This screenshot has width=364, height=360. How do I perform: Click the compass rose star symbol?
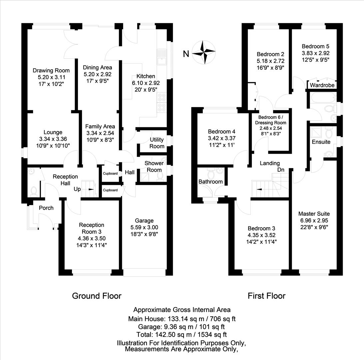click(204, 52)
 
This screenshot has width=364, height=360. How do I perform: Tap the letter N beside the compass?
click(186, 53)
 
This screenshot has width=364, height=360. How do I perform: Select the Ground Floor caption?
click(97, 296)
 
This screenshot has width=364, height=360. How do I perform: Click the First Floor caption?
click(266, 296)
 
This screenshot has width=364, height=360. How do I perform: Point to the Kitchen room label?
click(146, 76)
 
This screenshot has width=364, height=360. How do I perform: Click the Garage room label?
click(144, 220)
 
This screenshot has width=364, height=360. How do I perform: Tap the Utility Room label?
click(157, 143)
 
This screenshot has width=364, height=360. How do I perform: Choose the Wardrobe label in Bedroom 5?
click(322, 85)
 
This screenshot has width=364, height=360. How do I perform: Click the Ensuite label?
click(321, 142)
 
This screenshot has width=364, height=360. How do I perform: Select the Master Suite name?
click(314, 214)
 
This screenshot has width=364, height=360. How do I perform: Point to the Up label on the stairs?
click(77, 189)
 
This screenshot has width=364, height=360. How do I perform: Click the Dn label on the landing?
click(281, 170)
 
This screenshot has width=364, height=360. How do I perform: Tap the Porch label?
click(46, 208)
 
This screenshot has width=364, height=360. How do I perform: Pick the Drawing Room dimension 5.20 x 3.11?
click(51, 77)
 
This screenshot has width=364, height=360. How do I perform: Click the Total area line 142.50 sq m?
click(182, 334)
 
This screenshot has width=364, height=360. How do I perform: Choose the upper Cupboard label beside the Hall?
click(110, 174)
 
